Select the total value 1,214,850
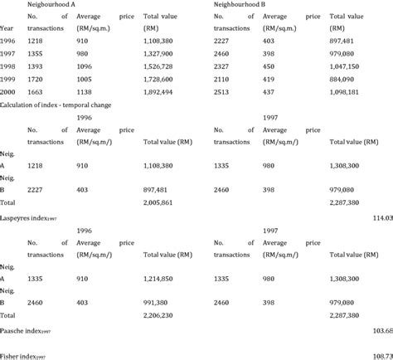tap(164, 280)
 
